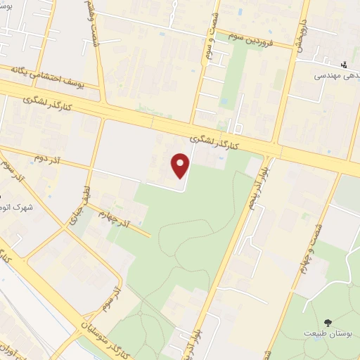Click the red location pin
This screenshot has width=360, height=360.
[181, 166]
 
